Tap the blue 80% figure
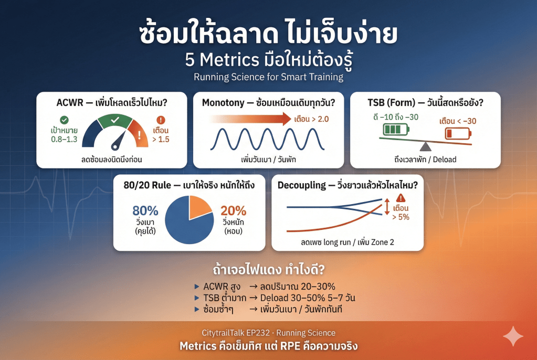pos(145,210)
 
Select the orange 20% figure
pos(233,210)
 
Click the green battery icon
pos(396,130)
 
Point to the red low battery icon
pos(458,133)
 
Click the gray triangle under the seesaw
pos(425,146)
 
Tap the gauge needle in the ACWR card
pos(119,141)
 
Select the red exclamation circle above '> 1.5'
pos(161,120)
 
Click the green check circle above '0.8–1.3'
pos(64,120)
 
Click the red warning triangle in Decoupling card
pos(401,198)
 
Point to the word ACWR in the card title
pos(69,102)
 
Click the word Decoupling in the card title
pos(302,186)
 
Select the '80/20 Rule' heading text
pos(148,185)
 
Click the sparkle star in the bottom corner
pos(513,336)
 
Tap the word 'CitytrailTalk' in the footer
pos(224,333)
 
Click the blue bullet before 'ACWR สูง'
pos(196,287)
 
